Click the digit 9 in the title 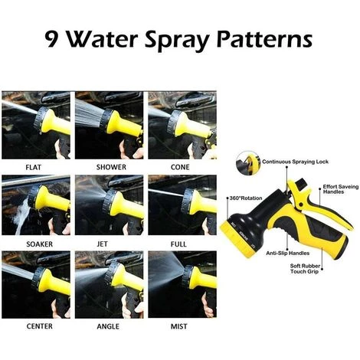[52, 40]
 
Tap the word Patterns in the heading [264, 40]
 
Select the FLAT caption [34, 168]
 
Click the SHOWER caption [111, 167]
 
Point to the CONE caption [180, 167]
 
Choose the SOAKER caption [39, 244]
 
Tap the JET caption [102, 244]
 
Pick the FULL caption [178, 244]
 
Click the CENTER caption [39, 326]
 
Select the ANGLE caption [108, 326]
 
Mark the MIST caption [178, 326]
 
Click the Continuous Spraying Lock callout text [295, 162]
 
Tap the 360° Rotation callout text [246, 198]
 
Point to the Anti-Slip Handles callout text [287, 254]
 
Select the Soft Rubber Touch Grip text [305, 269]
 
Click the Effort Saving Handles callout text [341, 189]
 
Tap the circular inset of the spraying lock [247, 163]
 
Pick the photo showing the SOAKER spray [36, 205]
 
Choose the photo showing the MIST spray [182, 284]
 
